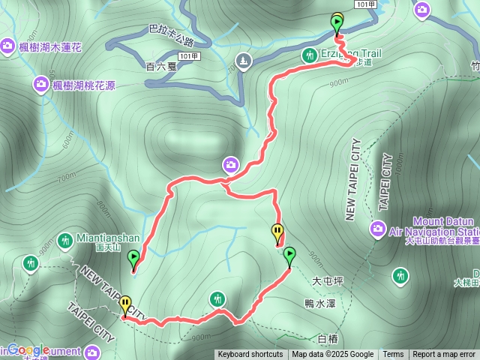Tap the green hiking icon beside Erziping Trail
(x=309, y=55)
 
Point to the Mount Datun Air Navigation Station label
(x=433, y=226)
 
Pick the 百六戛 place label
(x=160, y=66)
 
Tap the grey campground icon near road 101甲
(x=243, y=59)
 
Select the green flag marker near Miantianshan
(x=133, y=259)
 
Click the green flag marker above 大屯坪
(x=289, y=256)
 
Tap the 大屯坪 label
(x=327, y=281)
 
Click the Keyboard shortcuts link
(x=250, y=355)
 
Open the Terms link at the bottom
(x=393, y=355)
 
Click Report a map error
(x=444, y=355)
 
